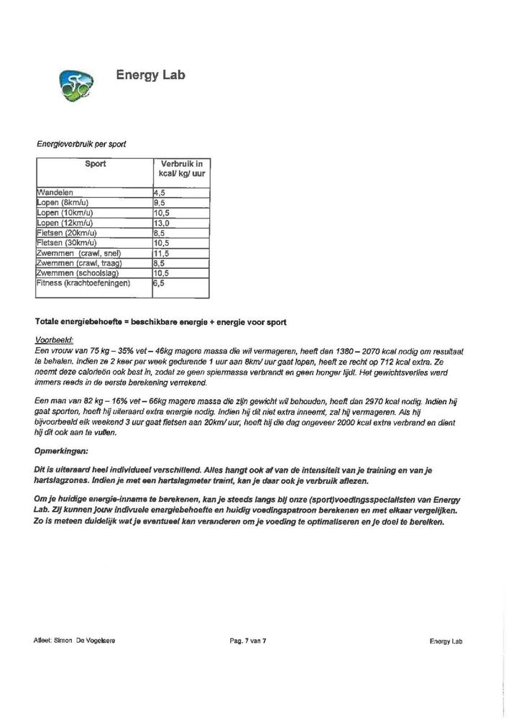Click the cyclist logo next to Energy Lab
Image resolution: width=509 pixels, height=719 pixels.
click(75, 85)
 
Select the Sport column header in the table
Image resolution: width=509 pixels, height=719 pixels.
click(95, 164)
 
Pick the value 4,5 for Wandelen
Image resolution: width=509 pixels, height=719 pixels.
click(160, 193)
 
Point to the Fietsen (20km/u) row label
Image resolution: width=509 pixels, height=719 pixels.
click(68, 233)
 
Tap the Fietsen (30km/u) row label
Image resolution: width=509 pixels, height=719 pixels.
click(68, 243)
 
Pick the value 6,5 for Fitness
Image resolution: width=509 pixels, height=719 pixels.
click(160, 283)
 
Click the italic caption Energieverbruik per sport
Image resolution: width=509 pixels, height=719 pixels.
click(81, 144)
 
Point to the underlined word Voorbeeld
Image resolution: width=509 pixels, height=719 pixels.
click(55, 339)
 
